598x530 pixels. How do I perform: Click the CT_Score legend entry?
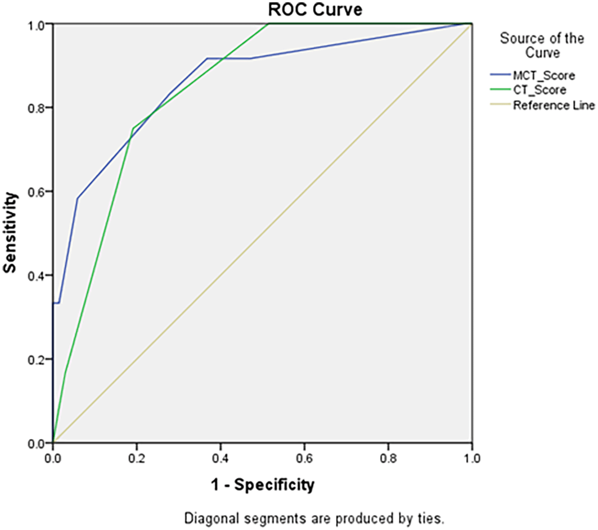click(x=539, y=90)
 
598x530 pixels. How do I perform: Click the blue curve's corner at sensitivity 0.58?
click(x=77, y=198)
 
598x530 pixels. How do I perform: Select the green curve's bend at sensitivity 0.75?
click(x=132, y=129)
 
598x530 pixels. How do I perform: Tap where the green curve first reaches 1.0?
click(x=269, y=24)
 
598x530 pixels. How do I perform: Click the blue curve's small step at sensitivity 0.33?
click(x=59, y=303)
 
